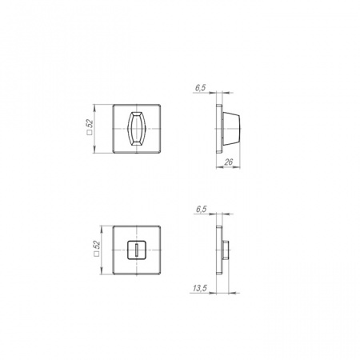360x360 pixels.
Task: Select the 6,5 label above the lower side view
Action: coord(200,209)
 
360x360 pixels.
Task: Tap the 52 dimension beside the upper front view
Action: coord(90,126)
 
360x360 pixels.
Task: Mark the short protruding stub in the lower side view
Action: coord(226,250)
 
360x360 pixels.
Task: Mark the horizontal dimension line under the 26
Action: coord(228,167)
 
